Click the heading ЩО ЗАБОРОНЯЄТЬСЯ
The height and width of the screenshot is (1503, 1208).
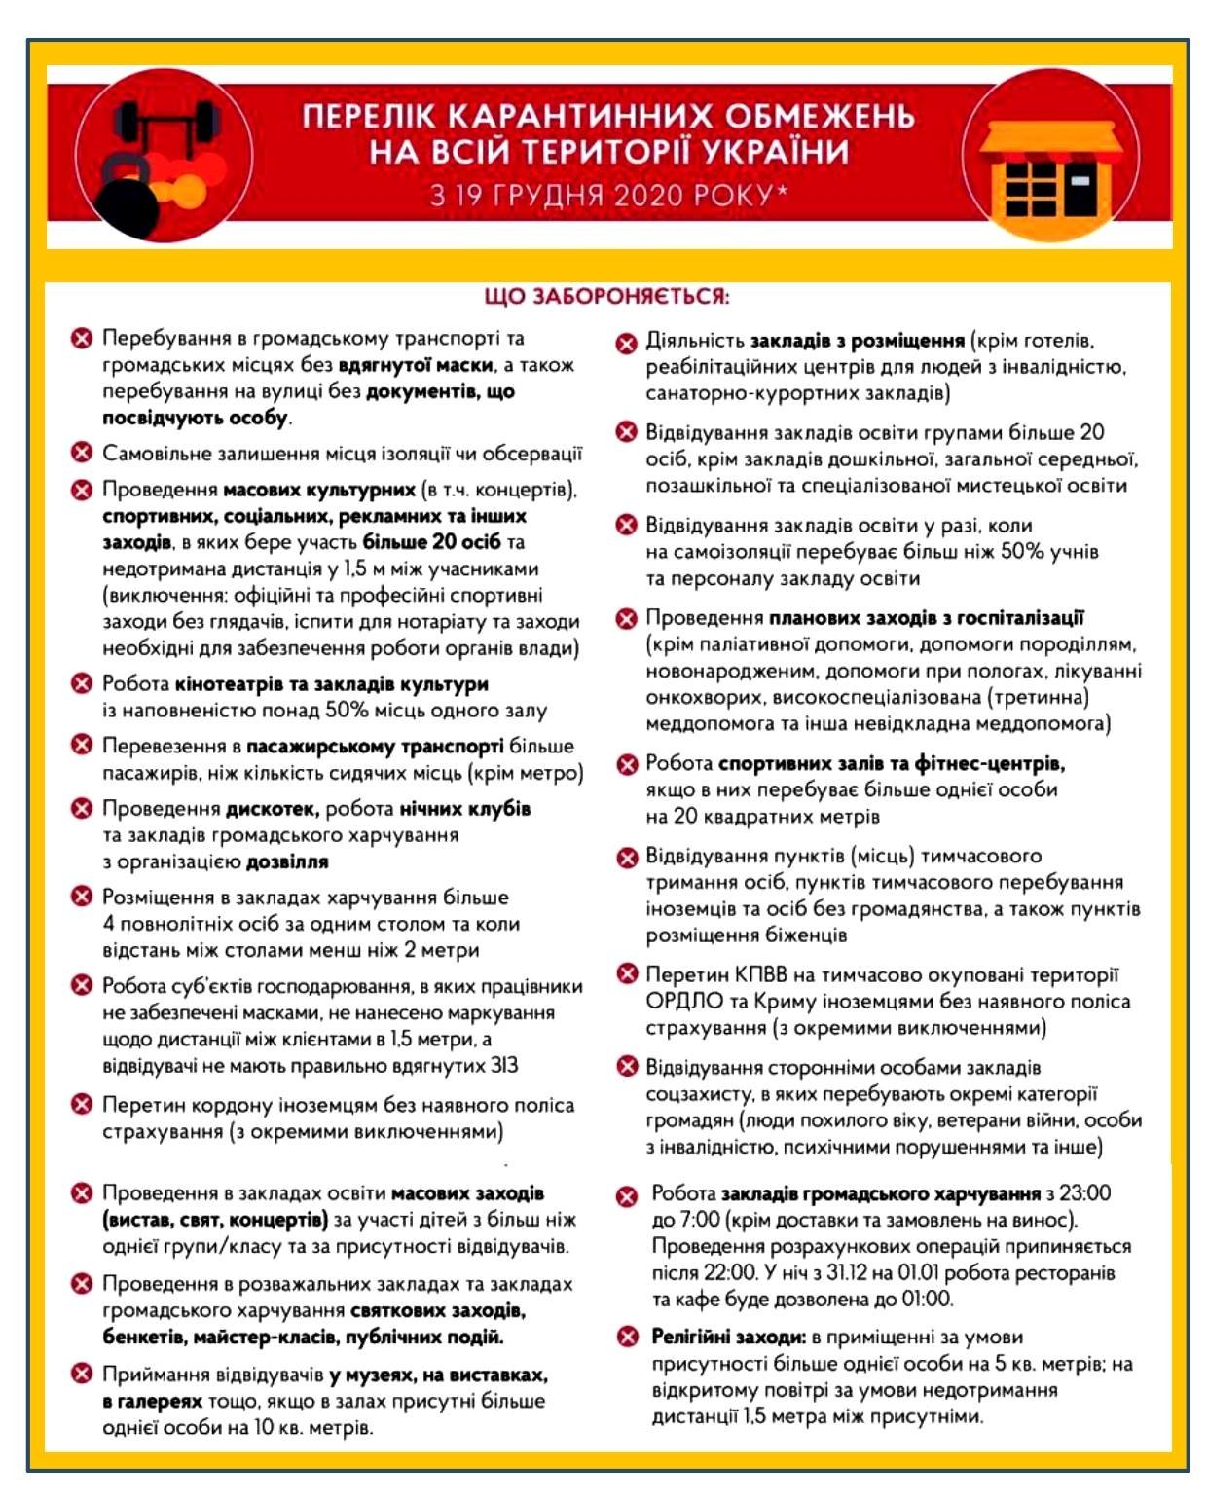tap(606, 296)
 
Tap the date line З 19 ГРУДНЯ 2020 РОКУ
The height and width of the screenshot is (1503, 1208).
tap(608, 196)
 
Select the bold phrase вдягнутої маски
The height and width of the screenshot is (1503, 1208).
tap(416, 365)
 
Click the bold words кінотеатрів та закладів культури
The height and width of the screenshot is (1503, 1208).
tap(332, 683)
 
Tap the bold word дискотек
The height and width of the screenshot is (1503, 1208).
tap(273, 808)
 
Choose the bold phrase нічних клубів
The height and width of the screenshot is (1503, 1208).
tap(465, 808)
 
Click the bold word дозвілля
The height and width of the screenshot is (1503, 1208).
tap(287, 861)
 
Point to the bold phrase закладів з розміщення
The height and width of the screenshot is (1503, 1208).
tap(857, 341)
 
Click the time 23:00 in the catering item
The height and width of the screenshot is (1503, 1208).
tap(1079, 1192)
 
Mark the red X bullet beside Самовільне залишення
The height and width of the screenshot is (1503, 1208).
tap(82, 453)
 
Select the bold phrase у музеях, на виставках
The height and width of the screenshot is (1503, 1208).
tap(438, 1375)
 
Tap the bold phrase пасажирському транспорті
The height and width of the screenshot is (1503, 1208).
tap(375, 746)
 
